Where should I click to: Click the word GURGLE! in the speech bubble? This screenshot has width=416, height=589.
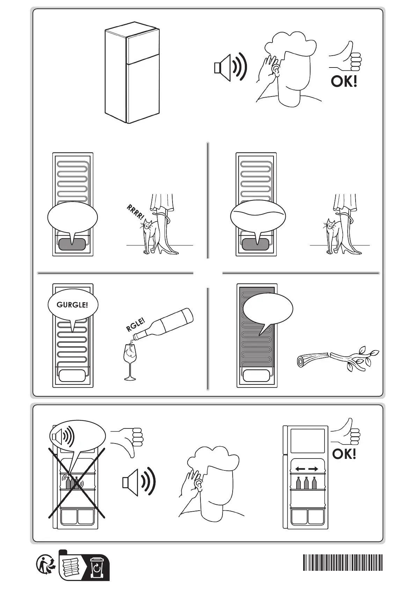pos(72,305)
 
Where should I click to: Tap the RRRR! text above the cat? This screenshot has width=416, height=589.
pos(135,213)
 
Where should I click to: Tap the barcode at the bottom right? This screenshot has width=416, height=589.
pos(343,562)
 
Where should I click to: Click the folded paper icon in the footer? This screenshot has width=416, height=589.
pos(71,567)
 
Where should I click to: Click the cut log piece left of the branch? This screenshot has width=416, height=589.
pos(312,360)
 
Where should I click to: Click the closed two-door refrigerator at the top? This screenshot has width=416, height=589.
pos(132,75)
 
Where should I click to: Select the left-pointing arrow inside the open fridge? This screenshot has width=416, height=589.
pos(299,469)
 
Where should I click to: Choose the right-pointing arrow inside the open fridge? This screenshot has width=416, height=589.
pos(313,469)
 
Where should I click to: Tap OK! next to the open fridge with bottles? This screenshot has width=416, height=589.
pos(344,454)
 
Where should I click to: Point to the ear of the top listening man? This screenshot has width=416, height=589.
pos(276,70)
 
